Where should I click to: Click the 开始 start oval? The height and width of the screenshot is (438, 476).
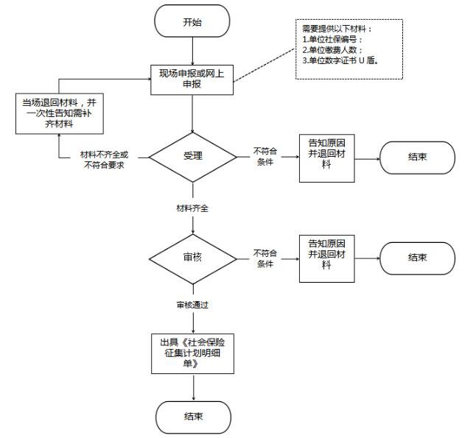[x=192, y=22]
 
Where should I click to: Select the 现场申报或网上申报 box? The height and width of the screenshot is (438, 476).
[x=192, y=80]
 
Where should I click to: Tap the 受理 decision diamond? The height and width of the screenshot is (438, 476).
[x=192, y=156]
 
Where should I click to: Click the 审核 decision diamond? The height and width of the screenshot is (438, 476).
[x=192, y=258]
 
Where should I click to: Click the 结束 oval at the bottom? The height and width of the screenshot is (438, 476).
[x=193, y=416]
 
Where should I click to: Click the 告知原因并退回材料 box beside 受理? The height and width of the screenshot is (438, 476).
[x=326, y=158]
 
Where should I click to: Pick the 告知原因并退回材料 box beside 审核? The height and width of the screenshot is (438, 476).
[x=326, y=258]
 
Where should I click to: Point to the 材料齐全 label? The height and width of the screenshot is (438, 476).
[x=192, y=208]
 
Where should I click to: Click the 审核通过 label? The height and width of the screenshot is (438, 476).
[x=192, y=304]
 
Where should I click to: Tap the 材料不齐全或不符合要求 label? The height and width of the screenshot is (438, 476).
[x=103, y=160]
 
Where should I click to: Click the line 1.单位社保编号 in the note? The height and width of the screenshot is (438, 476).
[x=332, y=39]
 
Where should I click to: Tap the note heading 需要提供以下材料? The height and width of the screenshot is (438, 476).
[x=332, y=28]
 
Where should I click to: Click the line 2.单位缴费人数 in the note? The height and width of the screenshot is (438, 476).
[x=332, y=50]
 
